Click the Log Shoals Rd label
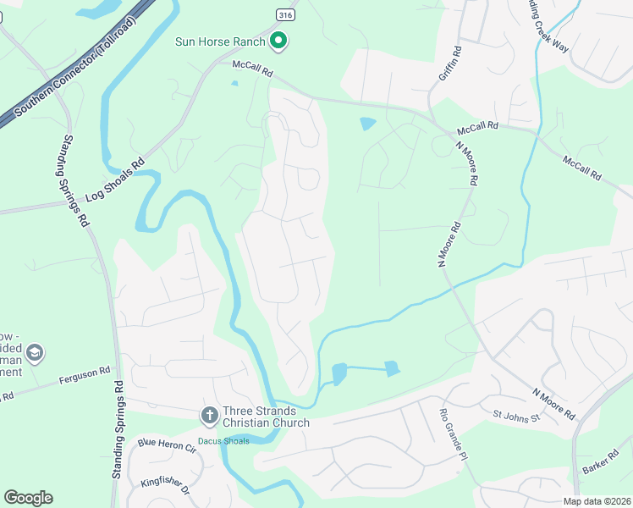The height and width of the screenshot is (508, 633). click(115, 179)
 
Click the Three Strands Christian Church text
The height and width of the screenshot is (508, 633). click(267, 417)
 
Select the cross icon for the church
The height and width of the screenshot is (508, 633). click(209, 416)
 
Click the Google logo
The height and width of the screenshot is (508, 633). click(28, 498)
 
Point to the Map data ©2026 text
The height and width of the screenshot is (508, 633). click(596, 501)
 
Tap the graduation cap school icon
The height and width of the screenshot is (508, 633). click(35, 352)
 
